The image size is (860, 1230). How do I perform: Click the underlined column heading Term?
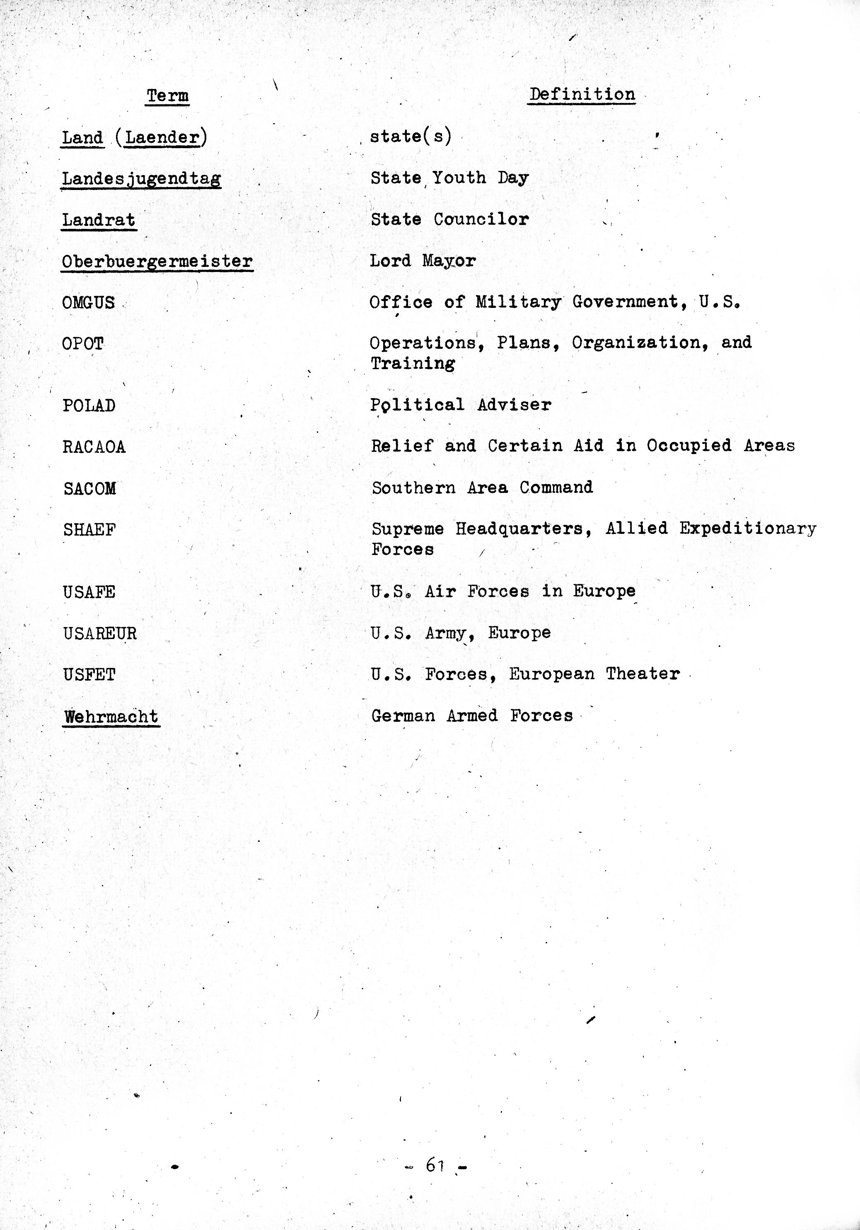point(167,96)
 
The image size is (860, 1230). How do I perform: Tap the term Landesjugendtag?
point(141,178)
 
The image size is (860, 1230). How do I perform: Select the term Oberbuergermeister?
point(157,262)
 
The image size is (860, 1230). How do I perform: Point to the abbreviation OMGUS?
point(89,303)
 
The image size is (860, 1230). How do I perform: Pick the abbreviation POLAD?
point(89,406)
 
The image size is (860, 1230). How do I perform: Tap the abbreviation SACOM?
point(89,489)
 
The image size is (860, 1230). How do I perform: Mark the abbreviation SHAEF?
point(89,530)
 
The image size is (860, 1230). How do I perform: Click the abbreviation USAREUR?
point(100,634)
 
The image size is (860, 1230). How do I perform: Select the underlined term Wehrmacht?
point(111,717)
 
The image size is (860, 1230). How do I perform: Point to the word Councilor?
point(481,219)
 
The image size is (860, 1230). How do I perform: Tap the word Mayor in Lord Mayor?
point(448,261)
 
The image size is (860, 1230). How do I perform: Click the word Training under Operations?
point(413,364)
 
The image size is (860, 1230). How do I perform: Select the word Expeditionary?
point(747,529)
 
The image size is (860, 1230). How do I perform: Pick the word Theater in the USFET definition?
point(643,674)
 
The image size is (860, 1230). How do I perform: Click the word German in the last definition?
point(403,716)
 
